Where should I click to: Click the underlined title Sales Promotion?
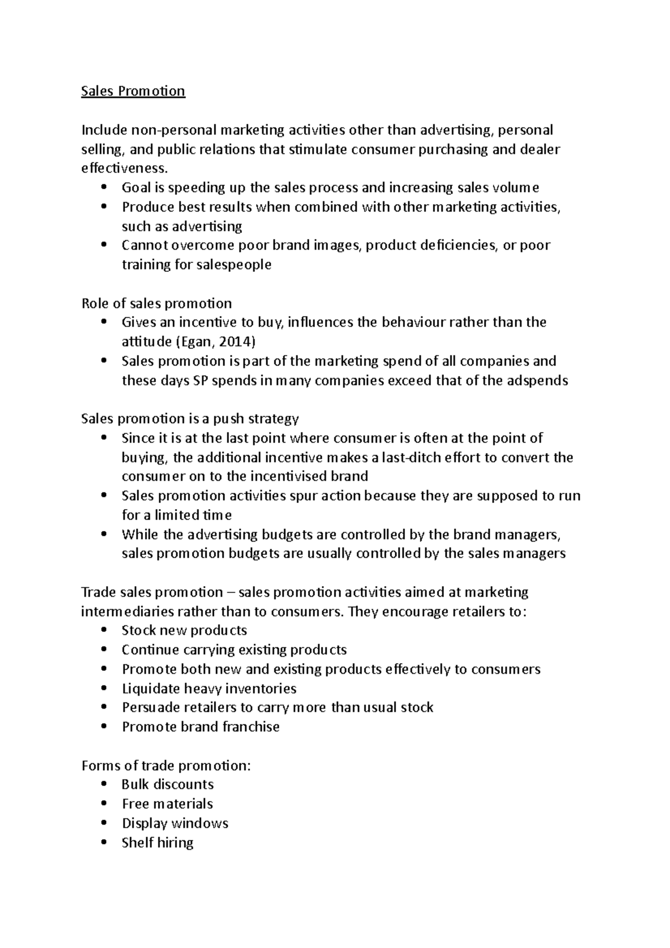[133, 91]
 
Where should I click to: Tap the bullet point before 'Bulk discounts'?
[104, 784]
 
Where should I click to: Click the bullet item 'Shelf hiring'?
[157, 842]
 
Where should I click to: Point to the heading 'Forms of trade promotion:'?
[166, 765]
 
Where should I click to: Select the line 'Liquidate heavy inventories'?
[209, 688]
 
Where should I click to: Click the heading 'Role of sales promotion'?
[156, 303]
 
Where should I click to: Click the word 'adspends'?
[540, 381]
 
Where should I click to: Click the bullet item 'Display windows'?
[175, 823]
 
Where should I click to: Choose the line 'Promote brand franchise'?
[200, 727]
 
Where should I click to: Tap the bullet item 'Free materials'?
[167, 804]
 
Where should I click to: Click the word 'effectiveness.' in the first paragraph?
[124, 168]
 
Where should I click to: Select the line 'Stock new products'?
[184, 630]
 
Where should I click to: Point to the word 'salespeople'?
[234, 265]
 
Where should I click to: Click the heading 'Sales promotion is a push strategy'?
[190, 419]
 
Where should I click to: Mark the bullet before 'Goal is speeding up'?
[104, 188]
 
